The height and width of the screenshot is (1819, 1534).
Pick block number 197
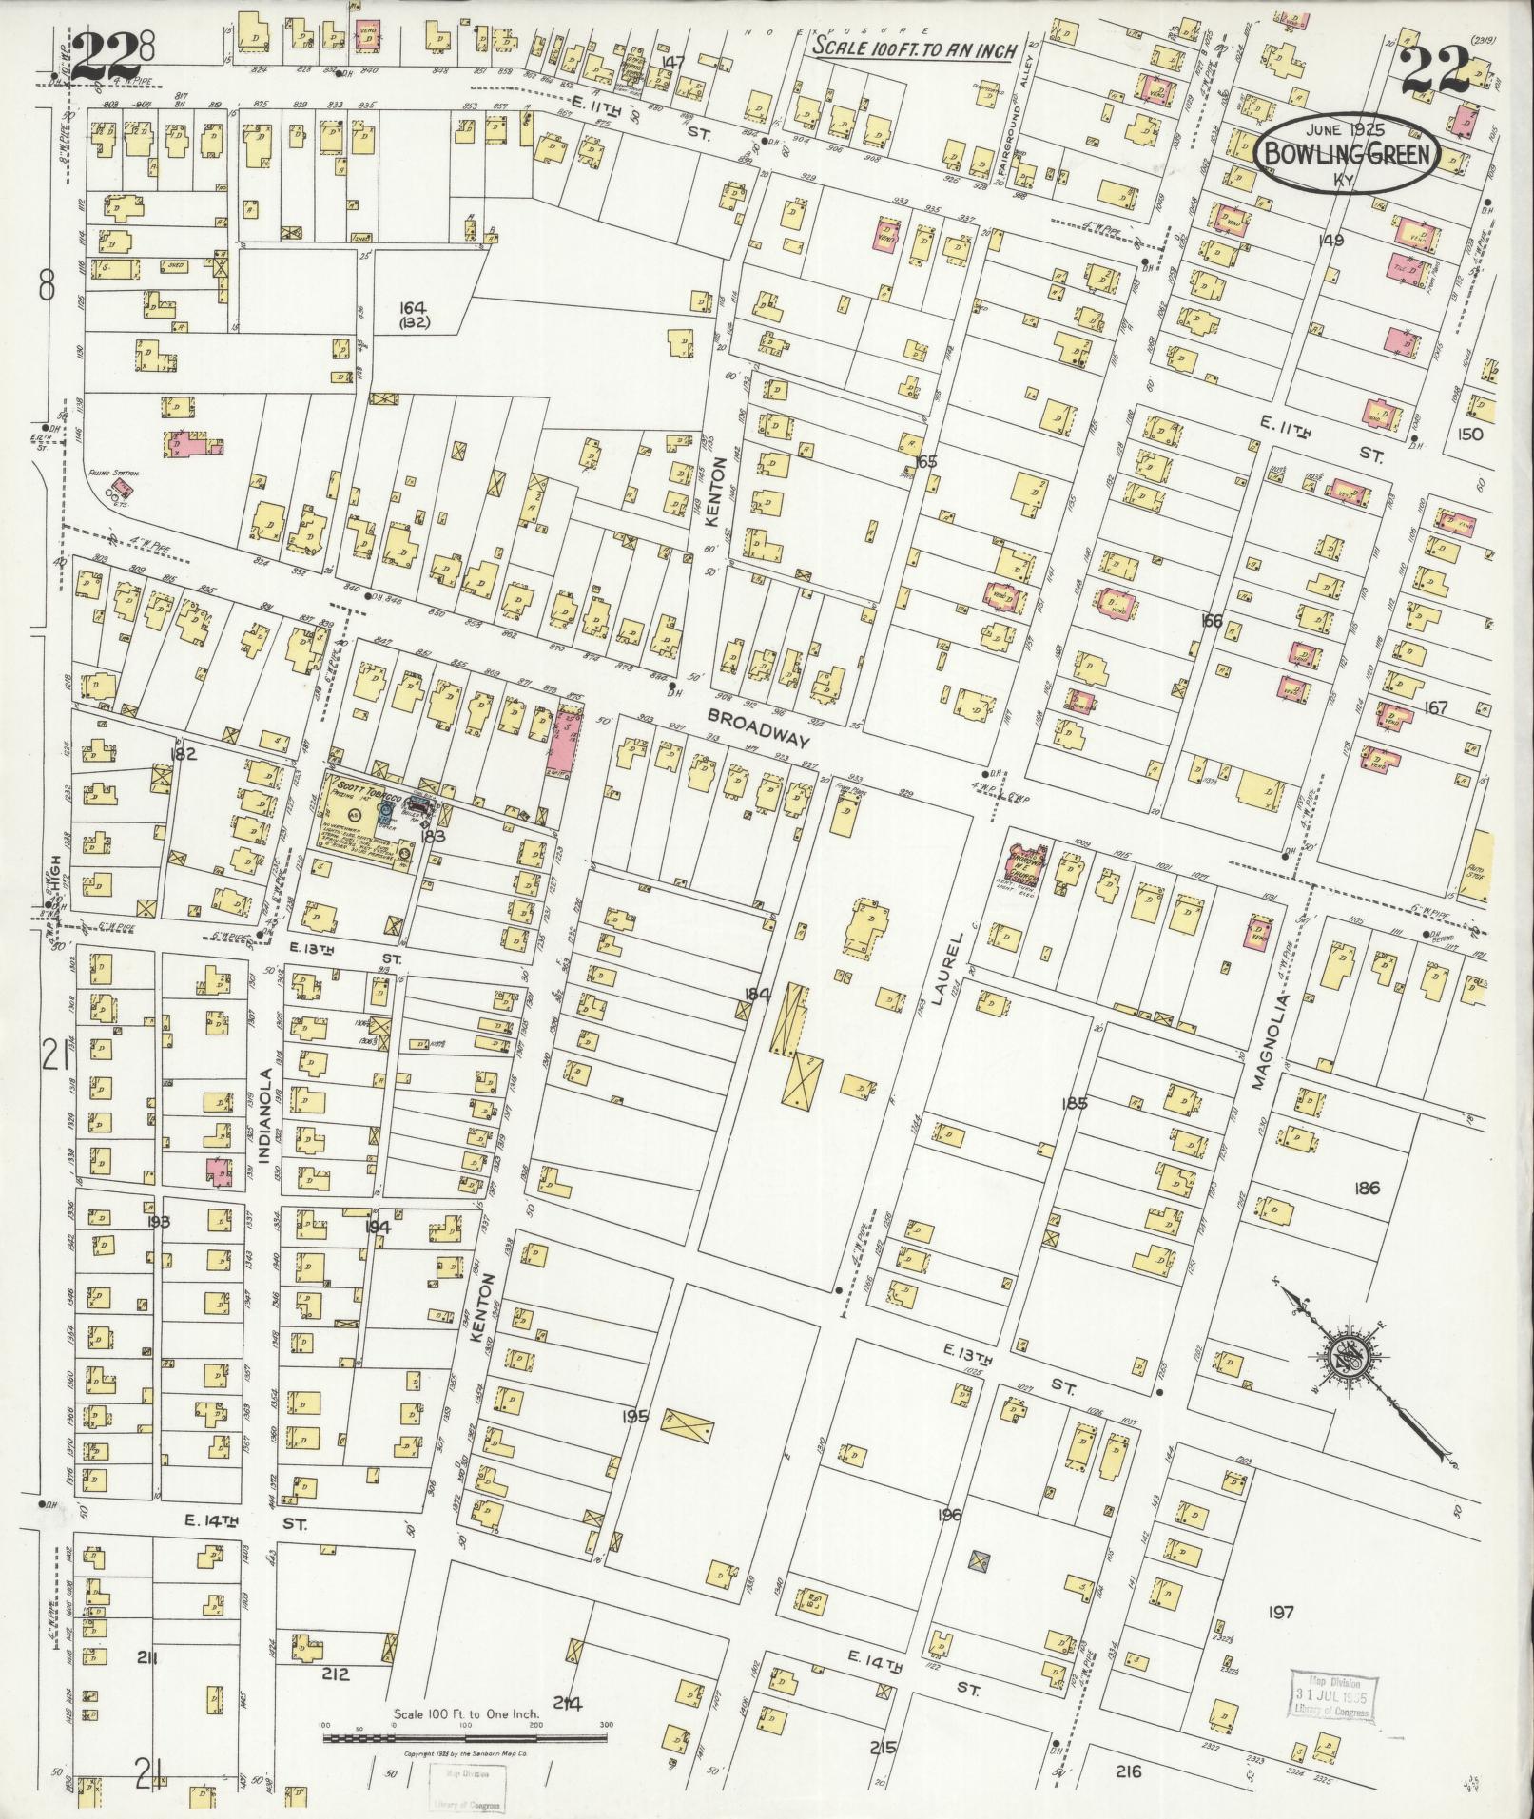(1281, 1612)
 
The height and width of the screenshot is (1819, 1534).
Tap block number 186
(1368, 1188)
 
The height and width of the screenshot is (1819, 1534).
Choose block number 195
(634, 1416)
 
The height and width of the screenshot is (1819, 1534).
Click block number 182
(183, 754)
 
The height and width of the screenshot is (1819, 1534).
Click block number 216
(1129, 1771)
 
